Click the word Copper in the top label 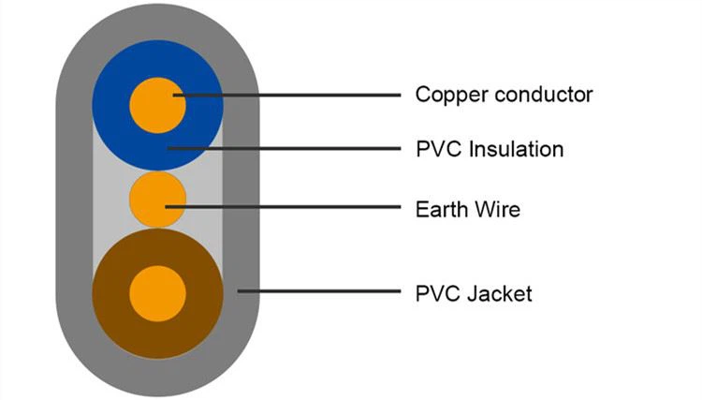(451, 96)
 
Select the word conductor (544, 94)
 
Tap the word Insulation (516, 149)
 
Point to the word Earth (441, 209)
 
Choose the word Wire (497, 209)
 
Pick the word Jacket (500, 294)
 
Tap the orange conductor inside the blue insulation (157, 105)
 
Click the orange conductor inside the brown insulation (157, 293)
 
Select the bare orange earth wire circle (157, 200)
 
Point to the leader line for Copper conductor (286, 95)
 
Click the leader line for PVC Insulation (284, 148)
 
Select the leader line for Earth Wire (283, 207)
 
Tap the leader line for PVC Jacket (319, 291)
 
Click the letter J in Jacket (473, 294)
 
